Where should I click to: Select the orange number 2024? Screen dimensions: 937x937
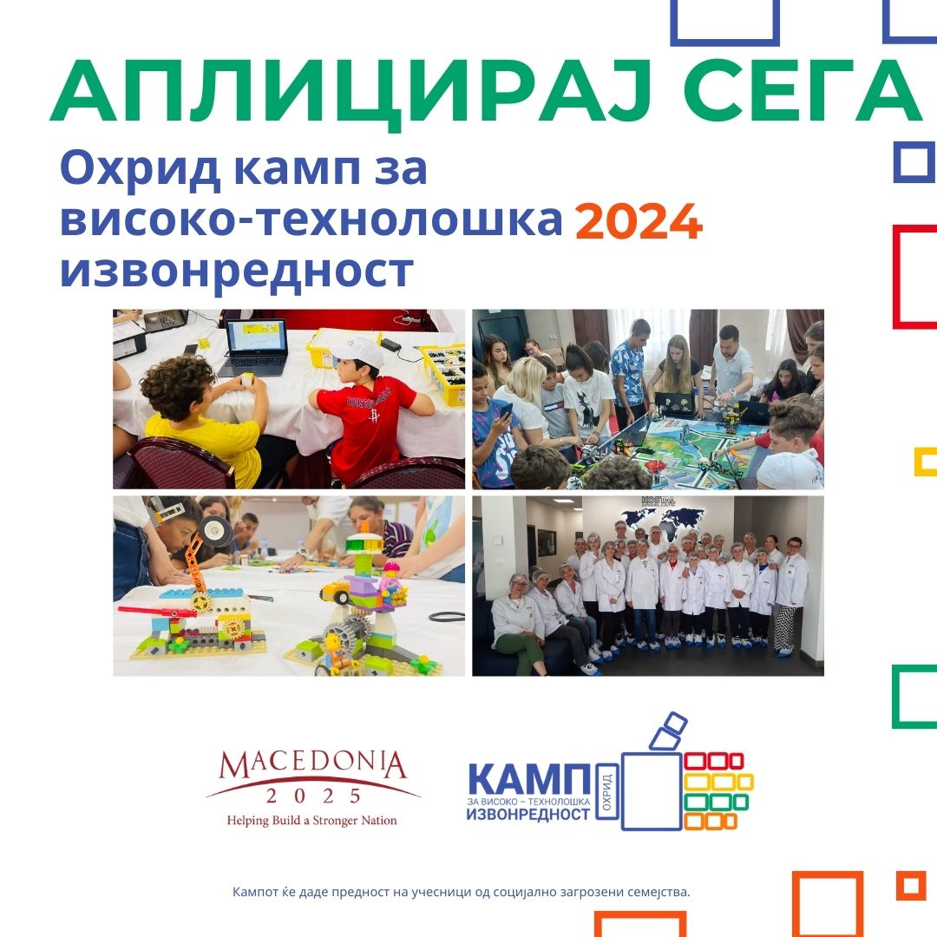coord(639,222)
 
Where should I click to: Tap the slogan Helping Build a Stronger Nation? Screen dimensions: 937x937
coord(312,821)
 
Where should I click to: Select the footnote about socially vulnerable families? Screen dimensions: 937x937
coord(462,892)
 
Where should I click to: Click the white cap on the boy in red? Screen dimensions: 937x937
coord(360,353)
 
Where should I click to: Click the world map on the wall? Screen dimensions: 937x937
coord(663,522)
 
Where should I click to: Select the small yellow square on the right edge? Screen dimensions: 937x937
coord(926,462)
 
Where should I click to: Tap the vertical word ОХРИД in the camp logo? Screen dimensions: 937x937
coord(606,792)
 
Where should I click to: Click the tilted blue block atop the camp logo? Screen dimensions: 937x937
coord(669,731)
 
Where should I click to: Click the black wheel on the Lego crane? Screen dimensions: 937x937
coord(214,531)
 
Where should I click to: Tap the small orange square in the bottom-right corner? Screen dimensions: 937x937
coord(911,886)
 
